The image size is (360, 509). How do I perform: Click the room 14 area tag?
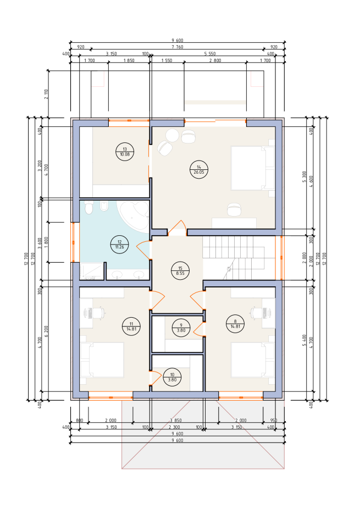(x=199, y=169)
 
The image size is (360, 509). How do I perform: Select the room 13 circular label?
(x=125, y=152)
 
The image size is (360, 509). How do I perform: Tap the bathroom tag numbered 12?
(x=119, y=244)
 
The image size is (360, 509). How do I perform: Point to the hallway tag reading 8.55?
(x=180, y=271)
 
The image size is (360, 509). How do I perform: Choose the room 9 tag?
(x=181, y=328)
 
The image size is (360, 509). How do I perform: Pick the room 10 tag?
(x=172, y=377)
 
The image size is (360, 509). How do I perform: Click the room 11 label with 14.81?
(x=131, y=327)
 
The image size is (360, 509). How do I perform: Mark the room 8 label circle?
(x=235, y=324)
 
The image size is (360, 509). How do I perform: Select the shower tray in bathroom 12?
(x=92, y=271)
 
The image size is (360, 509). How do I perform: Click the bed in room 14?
(x=253, y=168)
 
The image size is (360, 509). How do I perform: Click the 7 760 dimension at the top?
(x=177, y=47)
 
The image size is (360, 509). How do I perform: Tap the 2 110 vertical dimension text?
(x=46, y=94)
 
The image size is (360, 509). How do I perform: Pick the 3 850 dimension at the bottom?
(x=175, y=421)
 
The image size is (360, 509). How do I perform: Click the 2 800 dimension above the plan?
(x=215, y=60)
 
